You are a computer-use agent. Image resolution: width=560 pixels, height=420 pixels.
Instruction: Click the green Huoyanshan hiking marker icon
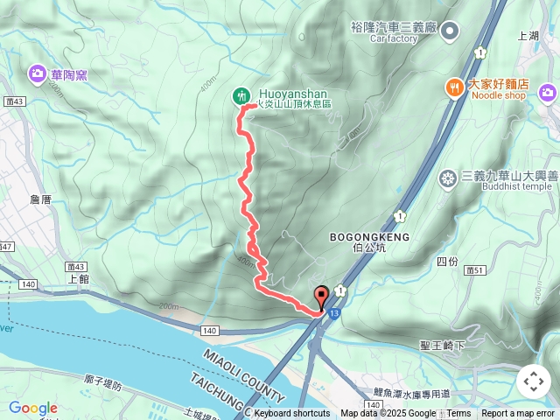tap(241, 96)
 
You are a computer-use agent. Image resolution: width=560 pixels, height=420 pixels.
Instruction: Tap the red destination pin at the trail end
tap(321, 297)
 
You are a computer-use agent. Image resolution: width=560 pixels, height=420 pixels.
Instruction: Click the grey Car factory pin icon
tap(450, 32)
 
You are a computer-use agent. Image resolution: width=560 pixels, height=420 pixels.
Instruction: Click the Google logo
tap(32, 408)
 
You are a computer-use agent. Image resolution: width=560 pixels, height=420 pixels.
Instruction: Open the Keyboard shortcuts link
tap(291, 414)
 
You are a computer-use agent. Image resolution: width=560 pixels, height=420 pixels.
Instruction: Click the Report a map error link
tap(519, 414)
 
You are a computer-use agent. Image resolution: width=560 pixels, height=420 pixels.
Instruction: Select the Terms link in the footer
tap(458, 414)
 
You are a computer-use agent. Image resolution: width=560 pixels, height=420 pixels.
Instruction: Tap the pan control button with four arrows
tap(534, 381)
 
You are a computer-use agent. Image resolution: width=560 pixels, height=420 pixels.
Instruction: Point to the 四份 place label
tap(446, 262)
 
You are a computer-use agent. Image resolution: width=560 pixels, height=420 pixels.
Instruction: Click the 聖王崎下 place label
tap(442, 346)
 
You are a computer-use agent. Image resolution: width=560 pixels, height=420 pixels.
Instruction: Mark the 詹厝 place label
tap(41, 199)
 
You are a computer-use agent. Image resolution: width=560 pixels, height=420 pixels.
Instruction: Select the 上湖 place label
tap(528, 37)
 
